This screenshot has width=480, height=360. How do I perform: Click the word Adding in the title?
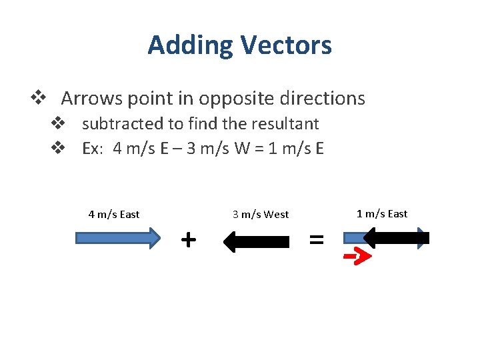[191, 45]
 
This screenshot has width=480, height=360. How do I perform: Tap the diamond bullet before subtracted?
[59, 124]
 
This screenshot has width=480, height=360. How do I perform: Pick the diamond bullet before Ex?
[59, 148]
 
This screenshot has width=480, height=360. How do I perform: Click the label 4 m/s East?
[114, 214]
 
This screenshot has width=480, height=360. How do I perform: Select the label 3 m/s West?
[261, 214]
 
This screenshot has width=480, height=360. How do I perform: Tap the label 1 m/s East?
[382, 213]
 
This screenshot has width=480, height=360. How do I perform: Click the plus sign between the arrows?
[189, 238]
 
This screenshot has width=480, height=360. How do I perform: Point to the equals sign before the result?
[317, 239]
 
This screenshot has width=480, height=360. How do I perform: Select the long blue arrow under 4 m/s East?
[118, 238]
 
